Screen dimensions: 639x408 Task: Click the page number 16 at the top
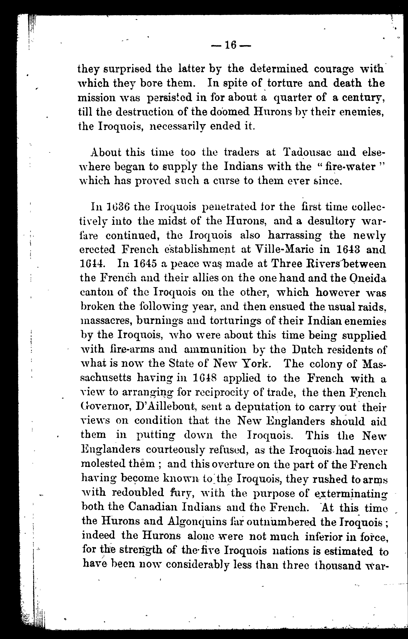point(231,45)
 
